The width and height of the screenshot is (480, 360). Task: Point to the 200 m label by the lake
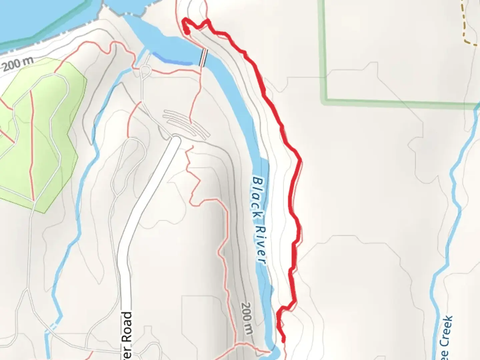pos(19,64)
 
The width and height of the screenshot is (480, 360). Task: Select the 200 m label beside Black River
pos(247,318)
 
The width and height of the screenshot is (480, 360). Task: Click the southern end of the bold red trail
pos(284,341)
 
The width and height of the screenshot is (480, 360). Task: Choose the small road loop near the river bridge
pos(145,71)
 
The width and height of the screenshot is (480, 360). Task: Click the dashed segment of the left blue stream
pos(53,325)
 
